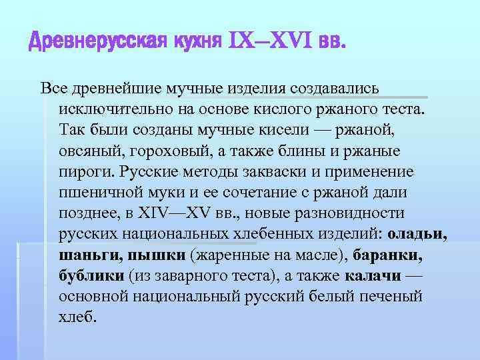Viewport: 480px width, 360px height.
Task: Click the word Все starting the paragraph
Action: click(x=55, y=89)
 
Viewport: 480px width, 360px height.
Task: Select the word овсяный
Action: click(x=89, y=151)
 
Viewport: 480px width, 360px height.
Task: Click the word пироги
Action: click(x=85, y=172)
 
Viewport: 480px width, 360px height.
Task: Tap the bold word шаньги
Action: click(x=87, y=257)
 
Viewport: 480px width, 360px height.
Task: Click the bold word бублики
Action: click(x=91, y=277)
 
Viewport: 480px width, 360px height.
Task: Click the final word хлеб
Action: click(x=77, y=319)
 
